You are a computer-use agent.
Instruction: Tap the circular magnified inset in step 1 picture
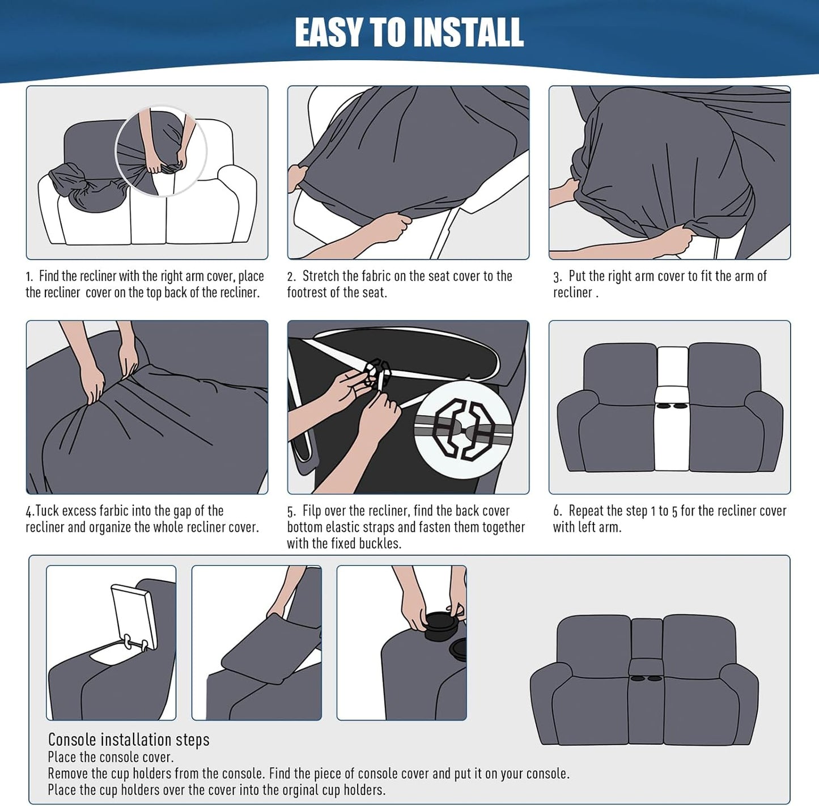[x=161, y=151]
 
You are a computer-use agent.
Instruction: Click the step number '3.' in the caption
[x=558, y=277]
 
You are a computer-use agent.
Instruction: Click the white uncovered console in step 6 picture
[x=672, y=408]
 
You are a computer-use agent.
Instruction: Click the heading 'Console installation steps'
[x=129, y=740]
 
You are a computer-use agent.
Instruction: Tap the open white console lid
[x=134, y=617]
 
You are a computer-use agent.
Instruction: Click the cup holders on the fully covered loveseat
[x=646, y=678]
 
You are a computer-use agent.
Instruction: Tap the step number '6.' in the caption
[x=558, y=512]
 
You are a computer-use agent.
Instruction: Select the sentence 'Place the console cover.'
[x=111, y=757]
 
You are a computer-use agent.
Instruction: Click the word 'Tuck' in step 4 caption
[x=47, y=511]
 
